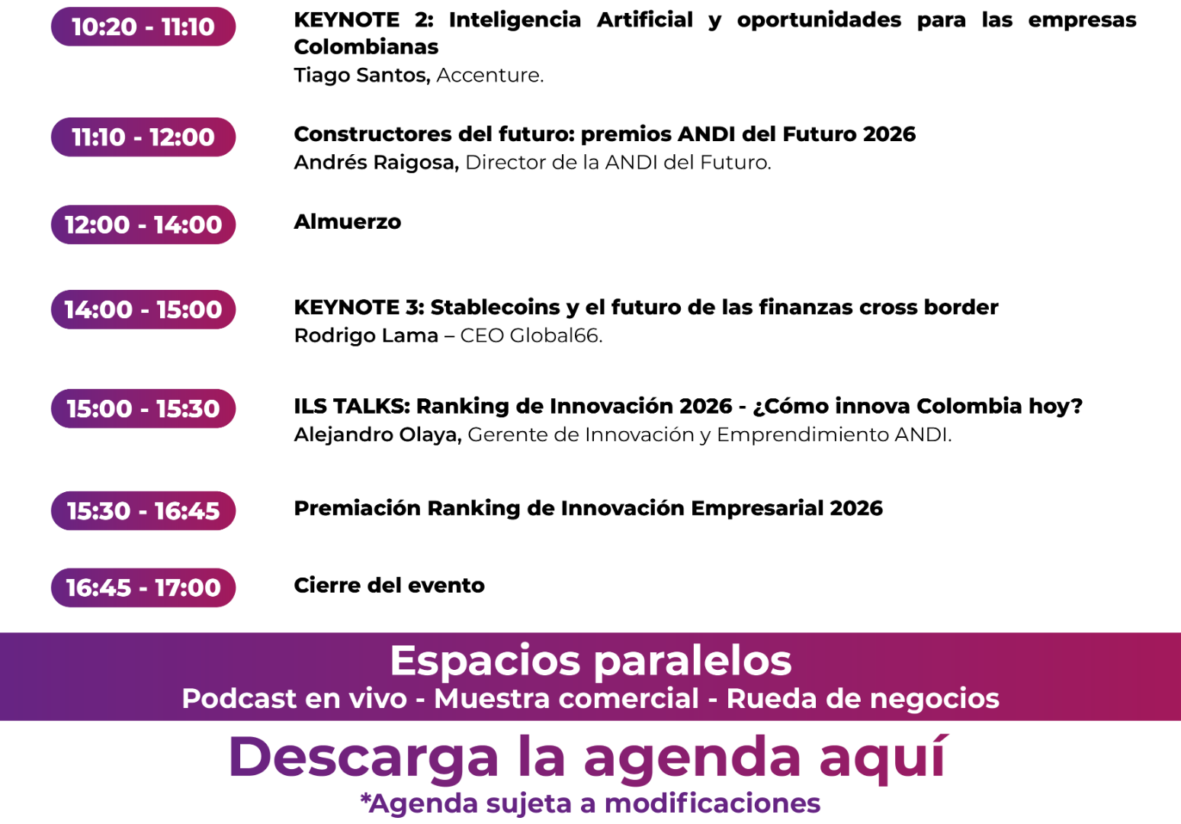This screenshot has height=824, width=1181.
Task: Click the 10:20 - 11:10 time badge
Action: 143,27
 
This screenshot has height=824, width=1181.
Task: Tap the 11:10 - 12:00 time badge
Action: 143,137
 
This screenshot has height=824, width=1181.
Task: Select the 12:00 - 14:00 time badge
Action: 143,225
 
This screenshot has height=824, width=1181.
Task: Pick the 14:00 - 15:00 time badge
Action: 143,310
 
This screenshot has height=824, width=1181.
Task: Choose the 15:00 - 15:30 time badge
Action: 143,409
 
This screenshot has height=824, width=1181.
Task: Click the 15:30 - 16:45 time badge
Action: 143,510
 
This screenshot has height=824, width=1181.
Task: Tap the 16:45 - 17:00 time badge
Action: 143,587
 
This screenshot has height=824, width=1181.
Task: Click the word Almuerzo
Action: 348,222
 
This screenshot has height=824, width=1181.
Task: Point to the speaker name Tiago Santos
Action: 362,75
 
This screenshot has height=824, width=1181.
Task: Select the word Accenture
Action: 489,76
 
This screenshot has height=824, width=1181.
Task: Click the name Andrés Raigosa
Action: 377,163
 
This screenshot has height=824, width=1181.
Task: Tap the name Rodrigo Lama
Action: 366,336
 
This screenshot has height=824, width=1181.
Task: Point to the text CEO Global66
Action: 531,336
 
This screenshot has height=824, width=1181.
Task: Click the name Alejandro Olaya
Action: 377,435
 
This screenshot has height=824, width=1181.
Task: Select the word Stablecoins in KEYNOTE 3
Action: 495,307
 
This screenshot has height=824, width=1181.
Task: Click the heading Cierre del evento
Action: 389,585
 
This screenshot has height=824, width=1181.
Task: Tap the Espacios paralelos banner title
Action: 590,661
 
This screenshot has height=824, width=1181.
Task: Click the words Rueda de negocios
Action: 862,698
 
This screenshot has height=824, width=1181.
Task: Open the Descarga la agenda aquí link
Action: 588,758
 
